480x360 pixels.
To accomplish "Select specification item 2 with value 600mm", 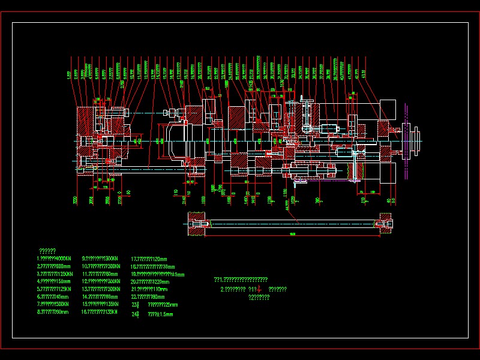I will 53,266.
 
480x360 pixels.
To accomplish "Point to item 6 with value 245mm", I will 53,296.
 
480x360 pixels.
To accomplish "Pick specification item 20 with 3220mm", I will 150,282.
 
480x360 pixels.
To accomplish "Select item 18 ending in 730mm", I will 152,266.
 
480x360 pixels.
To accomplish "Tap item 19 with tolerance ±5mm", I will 157,274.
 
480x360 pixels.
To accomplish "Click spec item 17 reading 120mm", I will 149,259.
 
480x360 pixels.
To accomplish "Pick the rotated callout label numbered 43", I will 364,74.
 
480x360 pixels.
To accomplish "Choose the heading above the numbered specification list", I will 47,251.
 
